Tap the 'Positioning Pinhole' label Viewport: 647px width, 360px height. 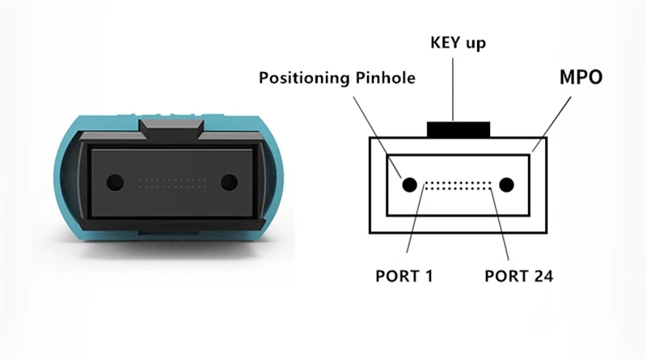[337, 78]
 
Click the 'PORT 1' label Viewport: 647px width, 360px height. [404, 275]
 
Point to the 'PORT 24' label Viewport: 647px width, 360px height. [518, 275]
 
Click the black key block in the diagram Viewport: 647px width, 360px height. [459, 129]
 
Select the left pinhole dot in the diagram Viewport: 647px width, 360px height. [409, 185]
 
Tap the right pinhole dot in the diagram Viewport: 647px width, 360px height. [506, 185]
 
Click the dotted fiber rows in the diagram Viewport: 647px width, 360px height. [459, 185]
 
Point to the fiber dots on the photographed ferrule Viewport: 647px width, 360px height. [172, 181]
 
